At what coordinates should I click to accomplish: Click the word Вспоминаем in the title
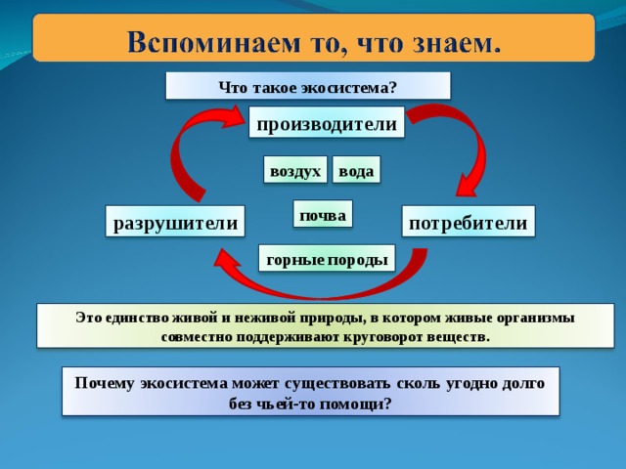tap(213, 42)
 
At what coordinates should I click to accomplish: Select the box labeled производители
tap(327, 122)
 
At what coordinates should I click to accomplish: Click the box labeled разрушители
tap(175, 222)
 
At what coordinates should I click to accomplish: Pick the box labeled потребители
tap(469, 222)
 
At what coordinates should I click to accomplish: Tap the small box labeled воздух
tap(295, 170)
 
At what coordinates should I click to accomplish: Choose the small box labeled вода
tap(356, 170)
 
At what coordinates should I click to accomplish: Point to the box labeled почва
tap(323, 214)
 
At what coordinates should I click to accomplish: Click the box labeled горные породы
tap(327, 258)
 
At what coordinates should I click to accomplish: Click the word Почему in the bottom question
tap(105, 384)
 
